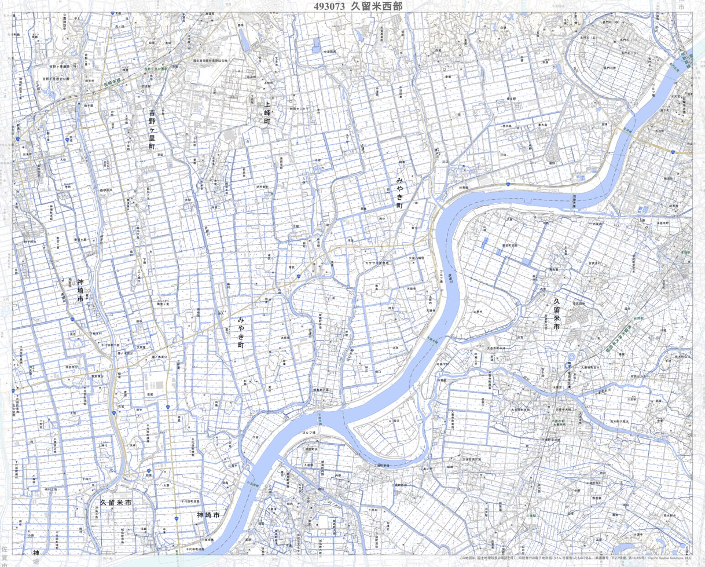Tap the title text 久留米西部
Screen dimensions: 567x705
376,6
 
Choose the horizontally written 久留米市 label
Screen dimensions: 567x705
115,503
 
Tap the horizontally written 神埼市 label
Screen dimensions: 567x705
208,515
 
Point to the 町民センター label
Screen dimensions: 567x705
299,108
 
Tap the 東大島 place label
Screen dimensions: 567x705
542,125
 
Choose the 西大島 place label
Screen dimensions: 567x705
508,126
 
